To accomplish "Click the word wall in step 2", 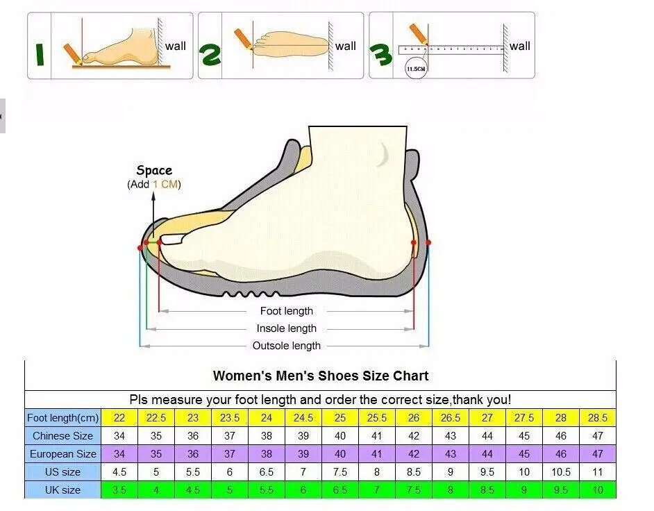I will (345, 47).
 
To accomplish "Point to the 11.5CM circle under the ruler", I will (416, 69).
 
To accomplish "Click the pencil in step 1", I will (72, 53).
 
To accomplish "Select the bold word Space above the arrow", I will (154, 170).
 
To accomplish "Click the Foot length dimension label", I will (287, 311).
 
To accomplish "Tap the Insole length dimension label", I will (287, 328).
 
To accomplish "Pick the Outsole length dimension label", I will (287, 346).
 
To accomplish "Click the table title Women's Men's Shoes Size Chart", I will (321, 376).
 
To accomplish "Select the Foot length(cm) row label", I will (62, 418).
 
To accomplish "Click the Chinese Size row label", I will (62, 436).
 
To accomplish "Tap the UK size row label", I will (62, 490).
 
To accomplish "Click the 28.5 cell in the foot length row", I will (597, 418).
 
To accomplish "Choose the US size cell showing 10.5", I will (561, 472).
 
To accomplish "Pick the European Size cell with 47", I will (597, 454).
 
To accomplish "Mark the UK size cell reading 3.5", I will (119, 490).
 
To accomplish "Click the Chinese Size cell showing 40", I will (340, 436).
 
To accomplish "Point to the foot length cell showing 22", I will (119, 418).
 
